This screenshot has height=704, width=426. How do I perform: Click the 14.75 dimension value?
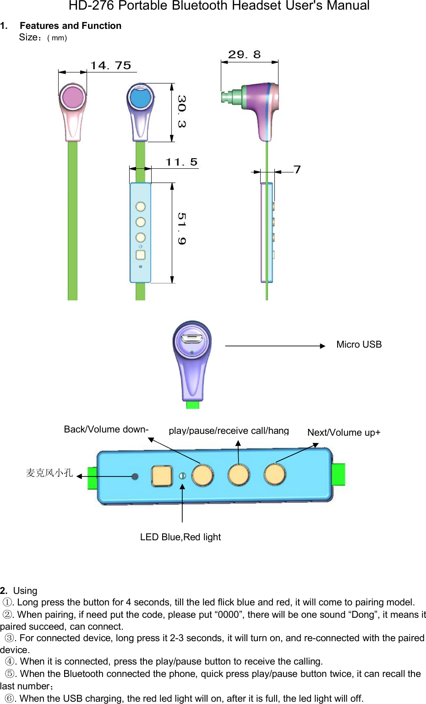click(x=110, y=66)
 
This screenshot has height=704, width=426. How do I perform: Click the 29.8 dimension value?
click(x=244, y=55)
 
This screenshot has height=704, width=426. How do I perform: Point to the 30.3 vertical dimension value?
click(x=181, y=111)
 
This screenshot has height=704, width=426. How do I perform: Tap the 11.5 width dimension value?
click(x=181, y=162)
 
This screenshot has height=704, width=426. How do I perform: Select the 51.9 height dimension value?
click(x=181, y=228)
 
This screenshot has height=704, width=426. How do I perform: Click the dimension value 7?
click(x=297, y=170)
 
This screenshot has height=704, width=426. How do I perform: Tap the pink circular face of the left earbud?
click(x=73, y=97)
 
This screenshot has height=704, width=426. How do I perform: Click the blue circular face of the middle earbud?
click(x=140, y=97)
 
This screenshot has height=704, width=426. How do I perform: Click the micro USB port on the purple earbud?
click(x=191, y=339)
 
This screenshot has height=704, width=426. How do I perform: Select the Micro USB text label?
click(x=359, y=344)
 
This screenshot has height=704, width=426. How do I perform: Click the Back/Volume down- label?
click(x=106, y=429)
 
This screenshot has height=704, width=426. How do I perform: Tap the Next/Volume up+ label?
click(x=344, y=432)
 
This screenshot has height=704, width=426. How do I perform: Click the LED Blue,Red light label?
click(x=180, y=537)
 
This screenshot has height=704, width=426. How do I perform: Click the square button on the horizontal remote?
click(x=162, y=476)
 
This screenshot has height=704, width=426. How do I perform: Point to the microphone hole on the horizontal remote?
click(x=135, y=477)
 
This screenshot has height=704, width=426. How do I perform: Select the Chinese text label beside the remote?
click(x=49, y=472)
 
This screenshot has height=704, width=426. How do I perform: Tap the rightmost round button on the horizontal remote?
click(x=275, y=474)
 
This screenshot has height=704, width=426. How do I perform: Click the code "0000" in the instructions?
click(x=228, y=615)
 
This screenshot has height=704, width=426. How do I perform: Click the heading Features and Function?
click(x=71, y=26)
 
